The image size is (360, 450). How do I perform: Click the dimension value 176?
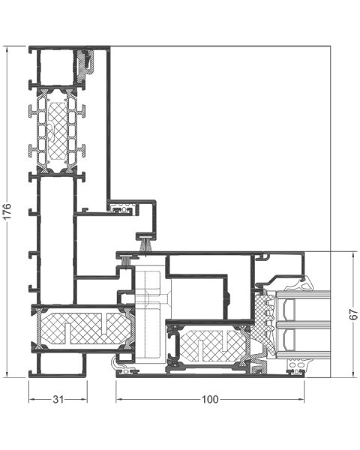click(x=7, y=211)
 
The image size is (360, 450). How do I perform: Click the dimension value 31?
click(x=58, y=399)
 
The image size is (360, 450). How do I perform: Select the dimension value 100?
click(x=210, y=399)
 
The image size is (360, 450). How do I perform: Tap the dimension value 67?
click(x=354, y=314)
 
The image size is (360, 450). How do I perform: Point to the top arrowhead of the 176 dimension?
click(x=7, y=49)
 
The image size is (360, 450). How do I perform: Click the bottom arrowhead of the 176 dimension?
click(x=7, y=374)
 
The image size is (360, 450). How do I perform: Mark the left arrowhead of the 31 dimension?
click(x=31, y=399)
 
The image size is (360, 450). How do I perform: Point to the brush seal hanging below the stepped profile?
click(x=146, y=245)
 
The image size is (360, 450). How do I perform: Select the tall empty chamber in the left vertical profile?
click(x=56, y=241)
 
